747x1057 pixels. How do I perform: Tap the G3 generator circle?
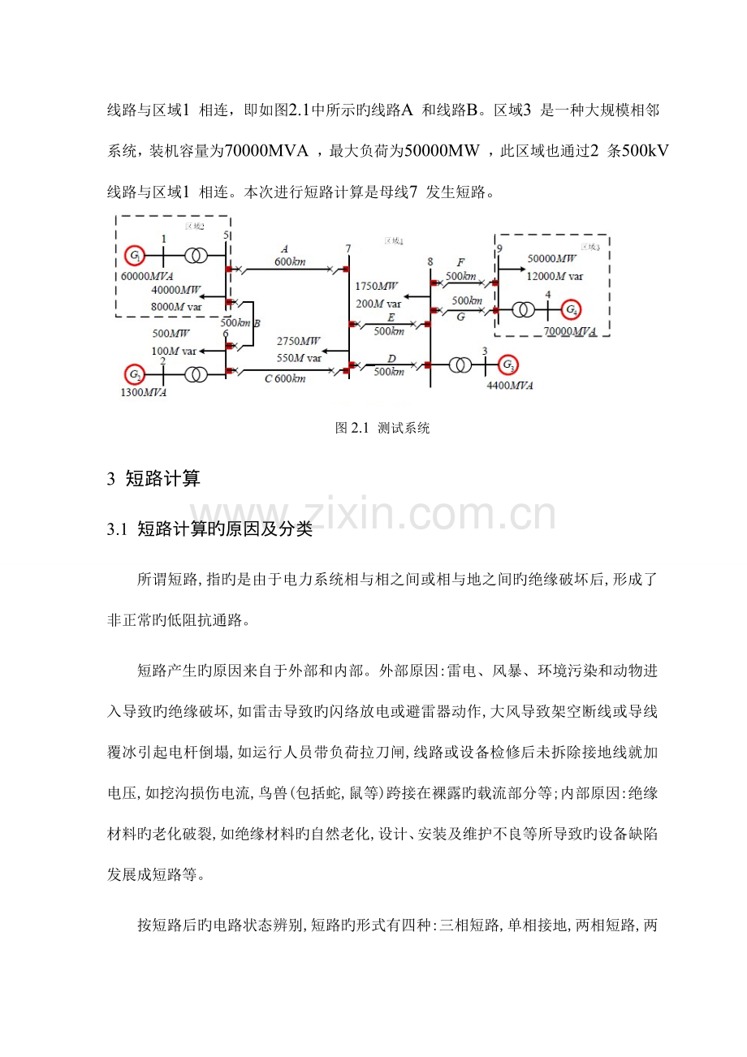[x=508, y=365]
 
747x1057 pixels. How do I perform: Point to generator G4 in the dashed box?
[x=571, y=309]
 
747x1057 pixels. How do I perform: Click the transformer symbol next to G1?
[x=196, y=255]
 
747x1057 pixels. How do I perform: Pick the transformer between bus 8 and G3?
[x=460, y=365]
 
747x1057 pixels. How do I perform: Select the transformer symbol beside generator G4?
[x=524, y=310]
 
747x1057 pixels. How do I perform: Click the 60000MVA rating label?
[x=147, y=276]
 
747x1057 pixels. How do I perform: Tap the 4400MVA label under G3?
[x=510, y=386]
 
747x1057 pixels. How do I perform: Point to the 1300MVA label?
[x=144, y=392]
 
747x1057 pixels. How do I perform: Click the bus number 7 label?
[x=348, y=248]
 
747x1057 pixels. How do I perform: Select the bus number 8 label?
[x=430, y=262]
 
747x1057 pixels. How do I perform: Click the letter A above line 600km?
[x=284, y=249]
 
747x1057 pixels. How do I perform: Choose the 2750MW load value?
[x=298, y=341]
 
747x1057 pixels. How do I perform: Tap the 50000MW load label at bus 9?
[x=551, y=259]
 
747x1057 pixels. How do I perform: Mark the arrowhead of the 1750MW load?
[x=406, y=297]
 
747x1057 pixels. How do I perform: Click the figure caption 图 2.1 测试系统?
[x=382, y=428]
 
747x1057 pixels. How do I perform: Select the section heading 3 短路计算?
[x=153, y=478]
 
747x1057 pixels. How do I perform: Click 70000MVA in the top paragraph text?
[x=266, y=151]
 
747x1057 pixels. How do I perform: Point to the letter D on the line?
[x=391, y=359]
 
